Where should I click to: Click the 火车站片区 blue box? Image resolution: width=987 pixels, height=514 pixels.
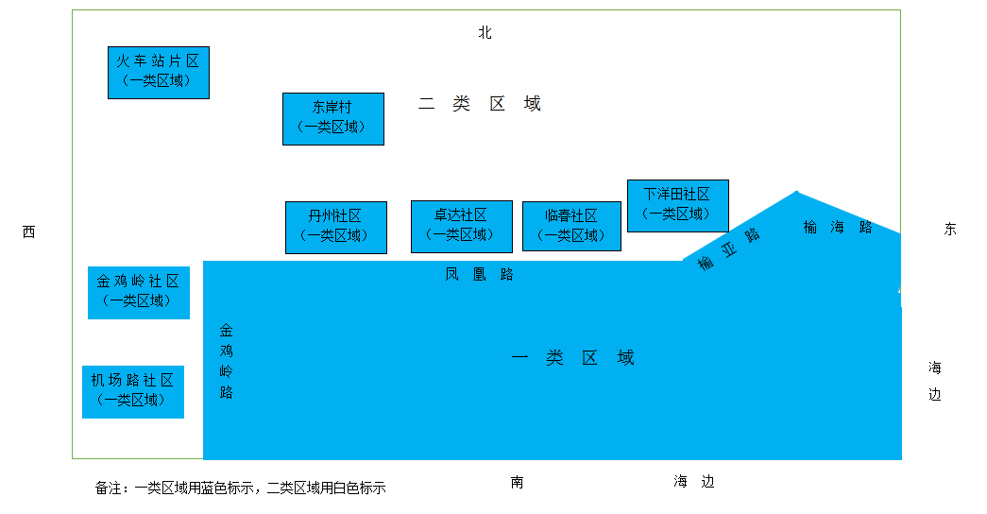[158, 72]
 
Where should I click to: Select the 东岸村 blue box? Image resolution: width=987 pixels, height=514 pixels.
[332, 118]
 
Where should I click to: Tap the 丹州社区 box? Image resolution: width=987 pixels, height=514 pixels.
[335, 227]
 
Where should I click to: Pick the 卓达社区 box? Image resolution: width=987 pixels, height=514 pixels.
[461, 226]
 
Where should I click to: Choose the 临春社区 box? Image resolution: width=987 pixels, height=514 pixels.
[571, 226]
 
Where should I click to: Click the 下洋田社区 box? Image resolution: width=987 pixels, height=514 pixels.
[677, 205]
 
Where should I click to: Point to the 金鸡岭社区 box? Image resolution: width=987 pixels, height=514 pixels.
[138, 292]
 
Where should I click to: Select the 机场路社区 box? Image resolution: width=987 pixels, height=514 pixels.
[132, 391]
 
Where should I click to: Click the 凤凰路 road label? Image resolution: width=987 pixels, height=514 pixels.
[480, 275]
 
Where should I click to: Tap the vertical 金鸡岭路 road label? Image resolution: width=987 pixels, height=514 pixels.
[227, 361]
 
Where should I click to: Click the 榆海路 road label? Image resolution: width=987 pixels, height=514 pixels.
[838, 227]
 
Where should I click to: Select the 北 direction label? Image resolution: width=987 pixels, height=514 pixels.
[485, 33]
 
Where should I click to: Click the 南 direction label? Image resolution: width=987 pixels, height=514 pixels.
[517, 482]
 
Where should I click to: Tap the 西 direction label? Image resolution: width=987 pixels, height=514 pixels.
[28, 231]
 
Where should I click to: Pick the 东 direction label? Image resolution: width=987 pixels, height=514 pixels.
[949, 230]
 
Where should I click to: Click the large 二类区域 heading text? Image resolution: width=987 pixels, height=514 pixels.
[480, 104]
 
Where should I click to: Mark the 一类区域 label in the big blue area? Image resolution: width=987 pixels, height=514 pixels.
[572, 357]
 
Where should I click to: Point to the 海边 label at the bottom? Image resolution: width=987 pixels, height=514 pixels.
[694, 482]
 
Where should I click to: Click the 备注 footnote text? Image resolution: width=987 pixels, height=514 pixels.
[241, 488]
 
